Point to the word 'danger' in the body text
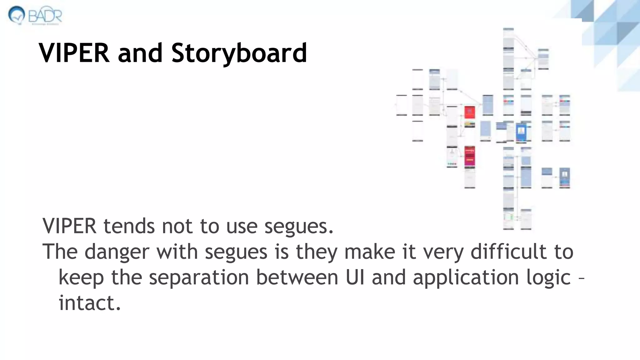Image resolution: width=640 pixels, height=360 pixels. click(117, 252)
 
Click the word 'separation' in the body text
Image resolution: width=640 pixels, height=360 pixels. click(198, 277)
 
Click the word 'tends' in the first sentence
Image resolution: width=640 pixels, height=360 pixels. click(129, 226)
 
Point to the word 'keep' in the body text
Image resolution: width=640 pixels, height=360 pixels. click(81, 277)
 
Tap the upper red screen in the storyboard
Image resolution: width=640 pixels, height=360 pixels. click(469, 112)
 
